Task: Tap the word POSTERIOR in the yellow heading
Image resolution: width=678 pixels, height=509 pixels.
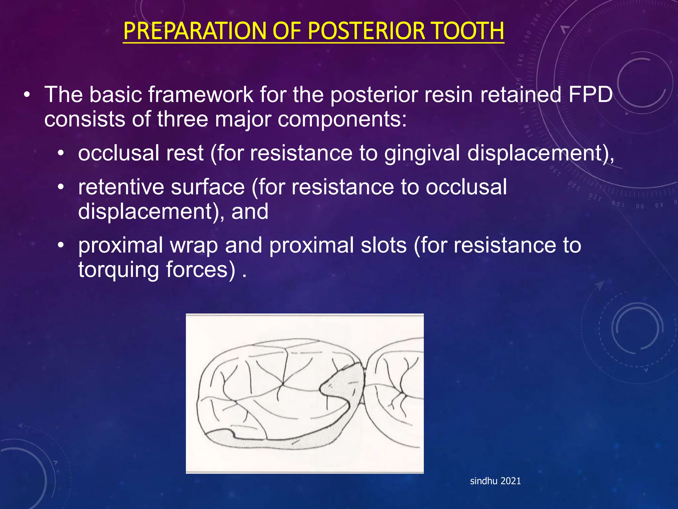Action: click(x=366, y=31)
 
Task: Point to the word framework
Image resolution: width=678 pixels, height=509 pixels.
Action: click(x=200, y=95)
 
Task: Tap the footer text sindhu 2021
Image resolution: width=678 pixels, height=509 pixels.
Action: click(x=495, y=481)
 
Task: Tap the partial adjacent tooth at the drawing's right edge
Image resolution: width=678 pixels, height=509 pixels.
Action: click(x=397, y=391)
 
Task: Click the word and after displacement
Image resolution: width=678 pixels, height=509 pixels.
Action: click(x=250, y=211)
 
